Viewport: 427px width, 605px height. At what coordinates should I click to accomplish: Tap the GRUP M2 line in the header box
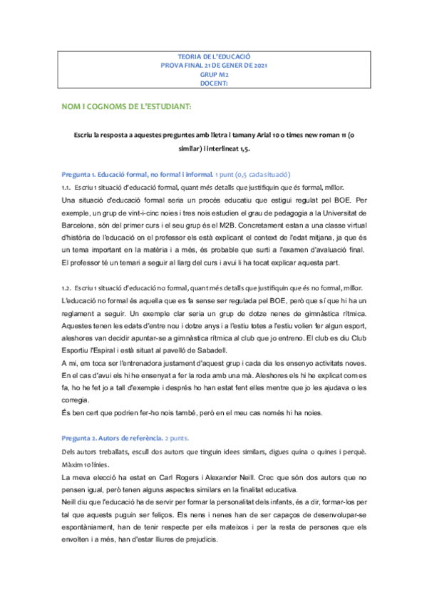[x=214, y=73]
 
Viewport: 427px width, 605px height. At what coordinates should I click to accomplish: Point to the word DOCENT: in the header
[x=214, y=83]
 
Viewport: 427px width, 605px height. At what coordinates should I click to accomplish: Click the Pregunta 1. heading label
[x=76, y=176]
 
